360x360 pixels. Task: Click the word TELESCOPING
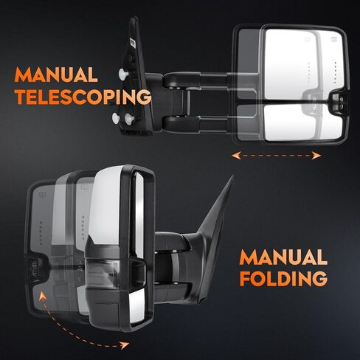(x=83, y=97)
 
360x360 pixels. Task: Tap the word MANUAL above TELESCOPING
(x=56, y=75)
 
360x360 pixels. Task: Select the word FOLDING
(x=283, y=278)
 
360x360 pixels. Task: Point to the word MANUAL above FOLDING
(x=283, y=257)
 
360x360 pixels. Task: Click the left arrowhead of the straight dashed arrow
(x=236, y=156)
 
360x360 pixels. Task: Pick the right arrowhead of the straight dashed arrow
(x=316, y=156)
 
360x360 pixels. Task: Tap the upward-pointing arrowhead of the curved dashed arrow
(x=43, y=296)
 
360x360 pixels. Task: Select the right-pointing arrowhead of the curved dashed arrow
(x=125, y=345)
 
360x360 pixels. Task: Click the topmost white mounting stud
(x=123, y=73)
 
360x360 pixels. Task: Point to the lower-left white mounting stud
(x=116, y=118)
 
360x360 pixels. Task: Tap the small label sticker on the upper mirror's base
(x=132, y=44)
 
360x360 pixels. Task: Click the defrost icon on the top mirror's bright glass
(x=334, y=38)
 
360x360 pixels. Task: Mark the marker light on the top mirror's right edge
(x=341, y=102)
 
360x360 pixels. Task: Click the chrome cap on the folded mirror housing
(x=106, y=207)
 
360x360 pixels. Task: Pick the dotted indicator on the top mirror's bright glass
(x=335, y=72)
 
